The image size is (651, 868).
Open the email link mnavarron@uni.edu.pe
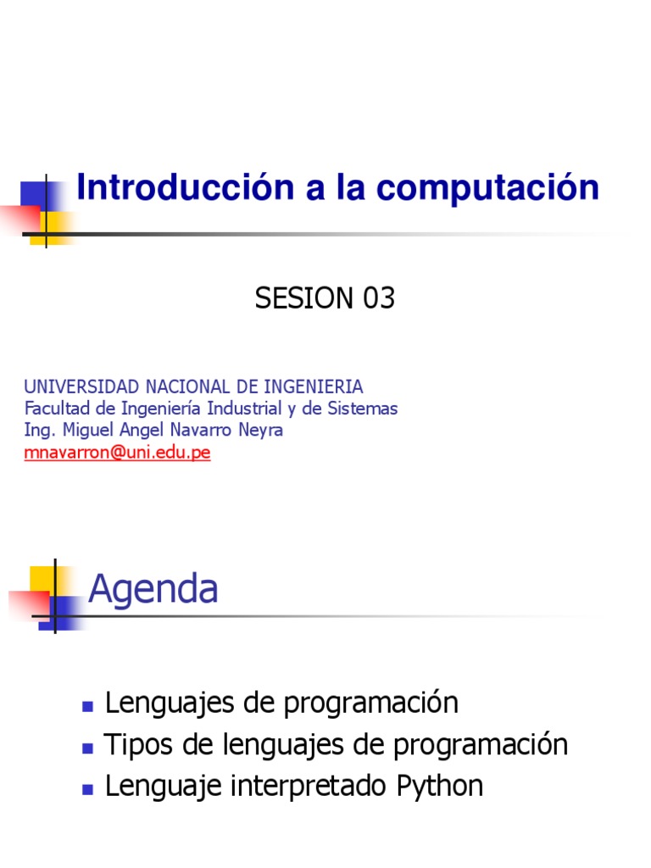(x=117, y=452)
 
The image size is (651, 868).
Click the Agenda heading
(x=153, y=588)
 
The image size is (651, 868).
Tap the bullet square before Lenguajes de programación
(x=86, y=705)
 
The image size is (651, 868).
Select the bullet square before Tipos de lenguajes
(x=86, y=748)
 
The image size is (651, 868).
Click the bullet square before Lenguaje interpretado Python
(x=86, y=788)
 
